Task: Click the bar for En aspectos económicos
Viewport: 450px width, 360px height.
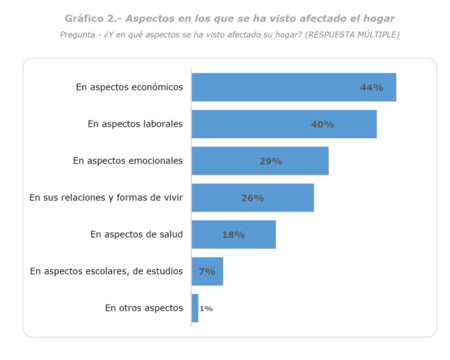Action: point(293,87)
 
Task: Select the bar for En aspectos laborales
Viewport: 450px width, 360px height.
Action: point(284,124)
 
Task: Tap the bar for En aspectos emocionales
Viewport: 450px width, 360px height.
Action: point(260,161)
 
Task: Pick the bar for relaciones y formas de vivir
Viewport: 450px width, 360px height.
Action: point(252,198)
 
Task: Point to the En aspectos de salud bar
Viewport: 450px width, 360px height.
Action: point(233,234)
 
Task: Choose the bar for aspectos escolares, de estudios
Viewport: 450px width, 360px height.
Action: point(207,272)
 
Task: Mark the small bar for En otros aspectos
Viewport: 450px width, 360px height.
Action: point(195,308)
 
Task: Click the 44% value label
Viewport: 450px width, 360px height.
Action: point(372,88)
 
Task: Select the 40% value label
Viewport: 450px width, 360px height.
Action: point(322,125)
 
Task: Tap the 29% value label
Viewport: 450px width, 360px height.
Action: point(271,161)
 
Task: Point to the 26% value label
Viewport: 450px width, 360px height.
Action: point(252,198)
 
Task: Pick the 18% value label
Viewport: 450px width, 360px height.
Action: point(233,235)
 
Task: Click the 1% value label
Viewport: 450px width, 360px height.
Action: point(206,309)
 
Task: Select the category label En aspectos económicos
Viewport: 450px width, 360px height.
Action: point(129,87)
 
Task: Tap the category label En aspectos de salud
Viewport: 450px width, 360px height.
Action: point(137,234)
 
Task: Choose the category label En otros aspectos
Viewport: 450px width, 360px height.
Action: point(144,308)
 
